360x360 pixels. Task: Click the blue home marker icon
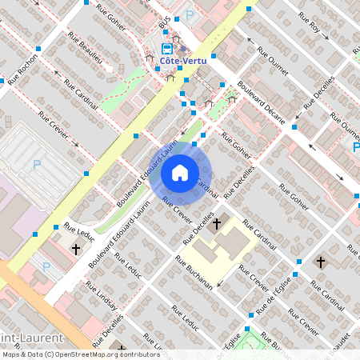180,172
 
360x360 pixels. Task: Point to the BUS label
163,26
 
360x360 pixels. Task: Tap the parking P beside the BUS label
190,14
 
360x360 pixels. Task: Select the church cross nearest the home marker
216,223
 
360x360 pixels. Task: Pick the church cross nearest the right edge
320,262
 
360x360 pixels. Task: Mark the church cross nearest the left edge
76,249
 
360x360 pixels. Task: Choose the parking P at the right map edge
355,146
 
